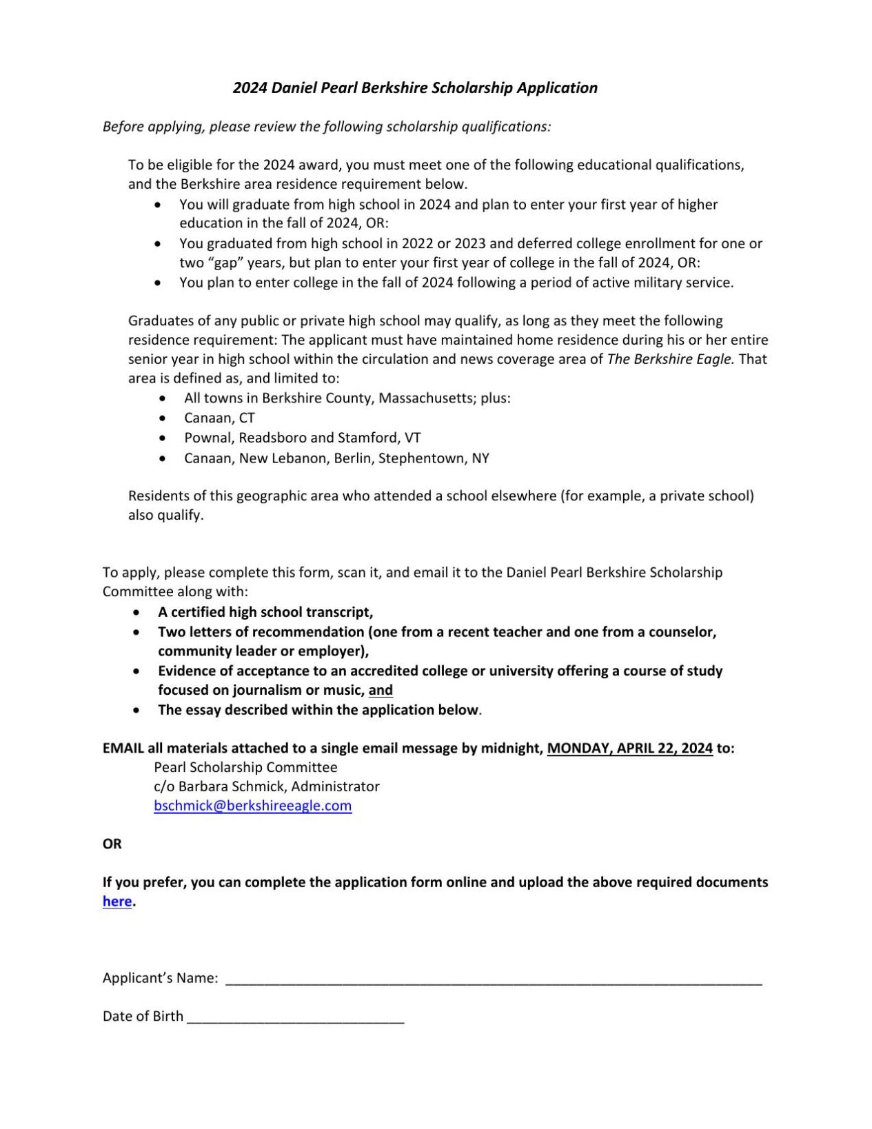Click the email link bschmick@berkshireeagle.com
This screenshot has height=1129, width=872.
(x=252, y=805)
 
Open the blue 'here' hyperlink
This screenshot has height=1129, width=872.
(x=116, y=901)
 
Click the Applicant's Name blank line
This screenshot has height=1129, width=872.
(x=493, y=979)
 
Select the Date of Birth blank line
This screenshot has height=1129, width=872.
(x=295, y=1017)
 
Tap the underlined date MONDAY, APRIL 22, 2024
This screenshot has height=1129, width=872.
(x=629, y=748)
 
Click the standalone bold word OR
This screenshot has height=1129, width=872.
(x=112, y=844)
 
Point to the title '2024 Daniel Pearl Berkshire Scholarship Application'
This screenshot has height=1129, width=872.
(x=415, y=88)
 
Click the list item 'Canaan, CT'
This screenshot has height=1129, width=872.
(x=219, y=418)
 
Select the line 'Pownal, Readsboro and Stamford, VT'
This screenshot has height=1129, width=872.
(x=302, y=438)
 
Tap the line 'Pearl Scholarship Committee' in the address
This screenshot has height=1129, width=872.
(x=245, y=767)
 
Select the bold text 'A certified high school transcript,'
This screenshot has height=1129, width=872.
(x=265, y=612)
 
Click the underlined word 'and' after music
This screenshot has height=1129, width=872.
(x=381, y=690)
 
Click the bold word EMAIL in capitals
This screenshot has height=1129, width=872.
(x=123, y=748)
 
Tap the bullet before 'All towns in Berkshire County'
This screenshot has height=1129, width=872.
(x=162, y=398)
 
